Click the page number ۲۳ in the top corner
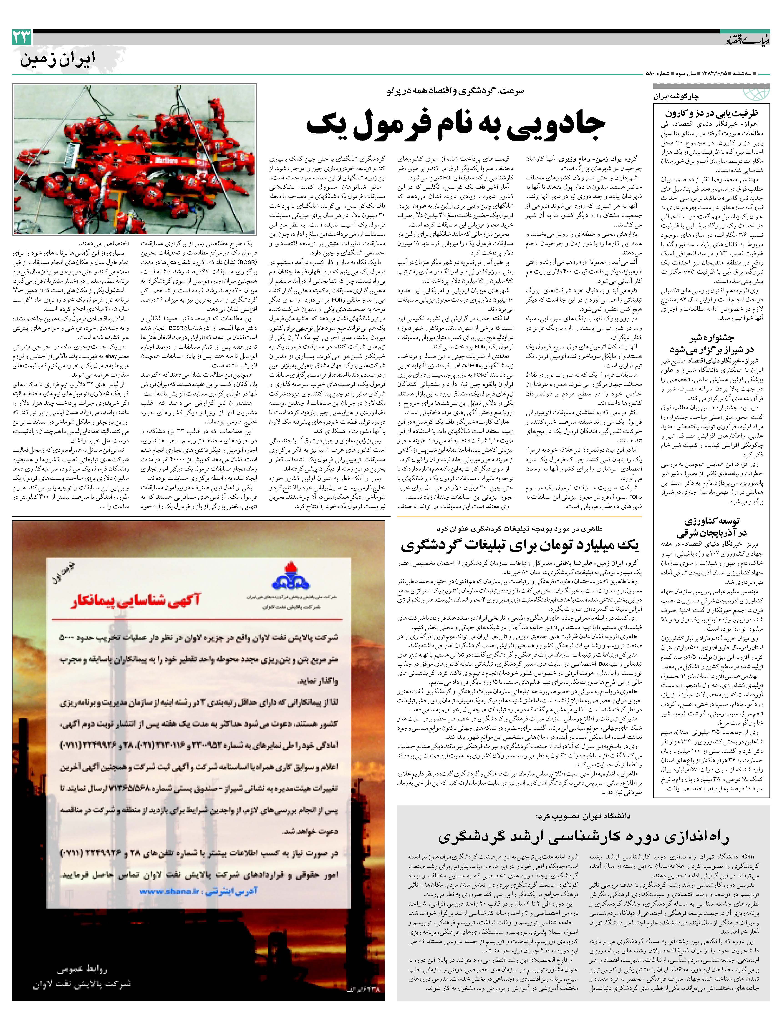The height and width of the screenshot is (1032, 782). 22,37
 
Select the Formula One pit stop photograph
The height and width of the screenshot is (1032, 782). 134,159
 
